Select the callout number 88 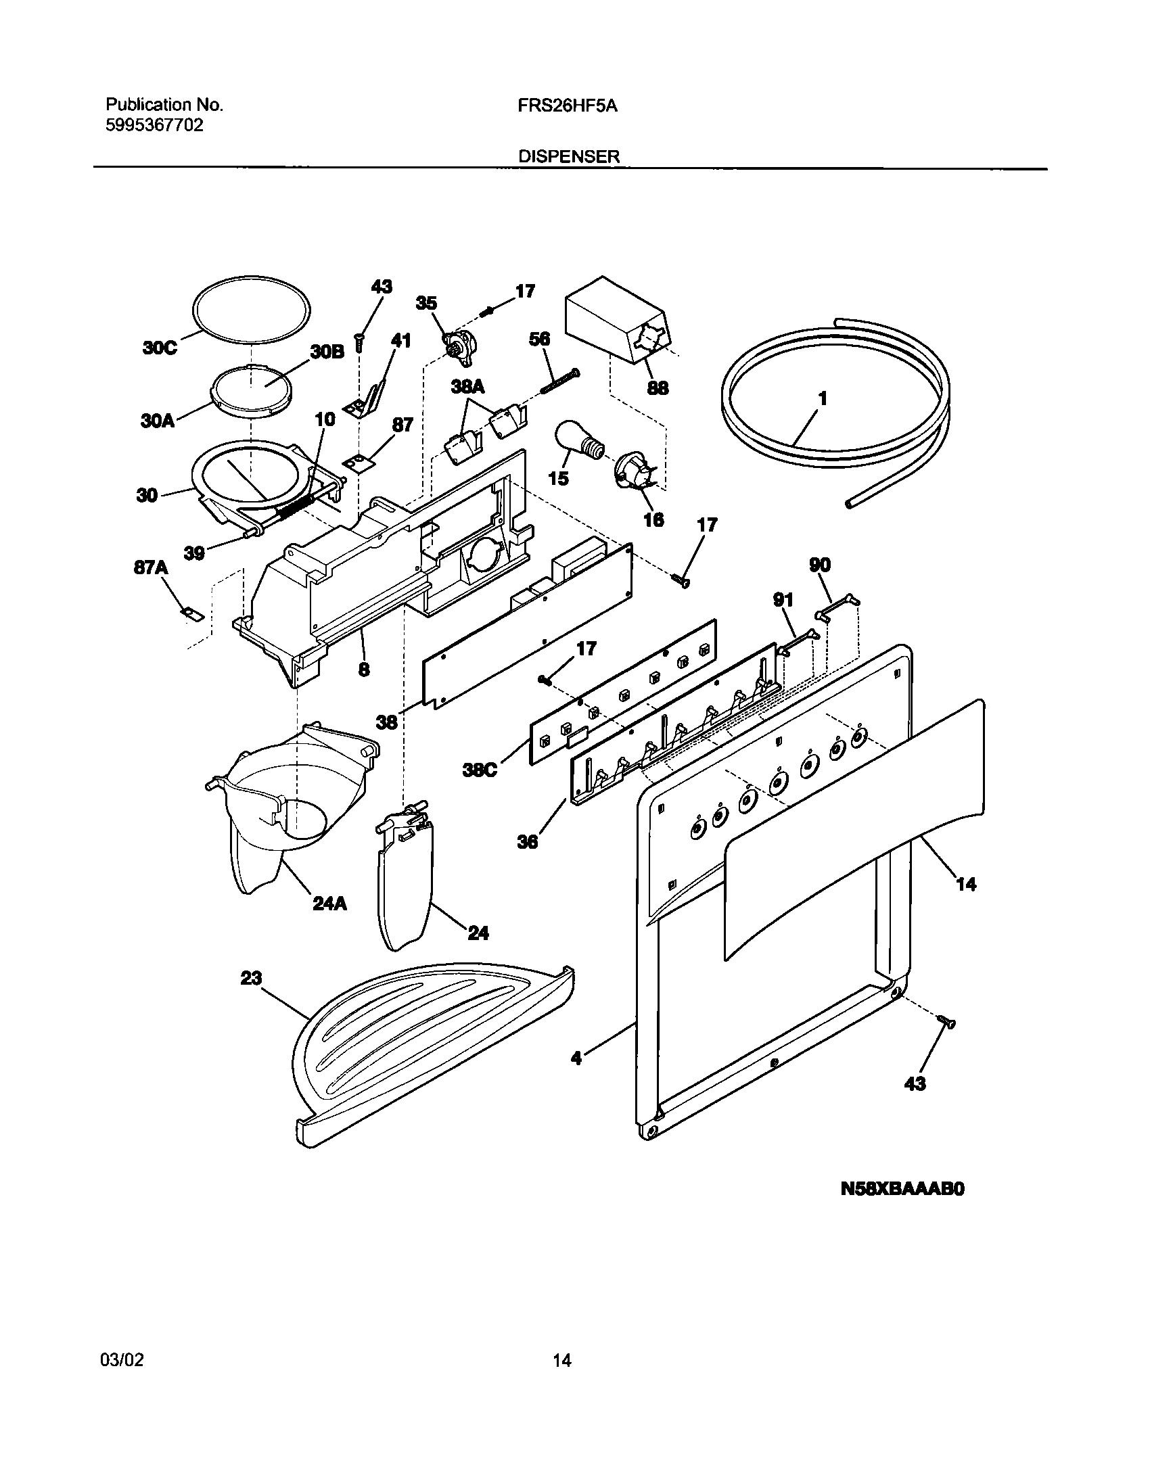[658, 388]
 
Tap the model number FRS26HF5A [568, 106]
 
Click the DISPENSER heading [569, 157]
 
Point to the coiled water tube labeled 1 [835, 406]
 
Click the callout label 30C [159, 348]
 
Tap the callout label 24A [329, 903]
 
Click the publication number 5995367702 [154, 125]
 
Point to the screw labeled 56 [559, 383]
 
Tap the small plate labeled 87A [193, 613]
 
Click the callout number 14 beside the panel [966, 884]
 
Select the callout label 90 [820, 565]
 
